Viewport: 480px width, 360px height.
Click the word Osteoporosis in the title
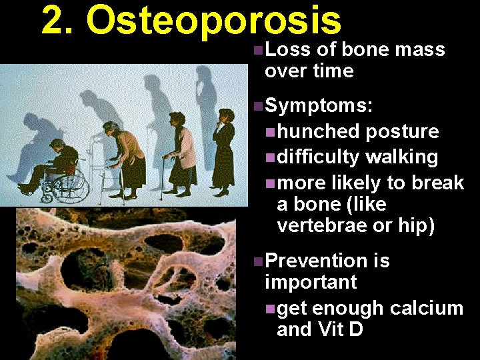214,21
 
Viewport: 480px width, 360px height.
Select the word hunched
319,132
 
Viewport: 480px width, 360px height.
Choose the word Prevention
317,261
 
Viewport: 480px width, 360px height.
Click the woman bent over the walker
130,157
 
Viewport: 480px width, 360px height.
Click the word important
311,282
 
